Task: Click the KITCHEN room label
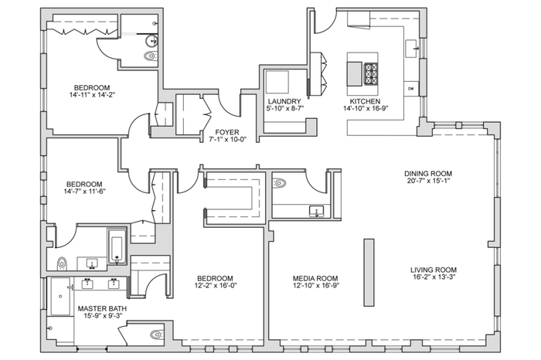tap(365, 101)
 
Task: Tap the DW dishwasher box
tap(411, 89)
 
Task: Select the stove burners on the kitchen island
tap(371, 73)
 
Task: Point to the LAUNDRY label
tap(284, 101)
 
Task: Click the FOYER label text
tap(227, 132)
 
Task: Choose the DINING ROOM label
tap(428, 174)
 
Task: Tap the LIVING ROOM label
tap(434, 270)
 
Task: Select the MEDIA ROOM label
tap(315, 278)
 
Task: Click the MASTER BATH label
tap(102, 308)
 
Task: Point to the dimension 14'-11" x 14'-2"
tap(92, 95)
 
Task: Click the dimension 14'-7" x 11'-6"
tap(84, 192)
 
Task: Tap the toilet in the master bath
tap(156, 335)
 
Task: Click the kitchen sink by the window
tap(412, 49)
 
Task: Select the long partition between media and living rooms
tap(369, 273)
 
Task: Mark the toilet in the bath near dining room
tap(279, 183)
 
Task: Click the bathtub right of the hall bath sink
tap(117, 246)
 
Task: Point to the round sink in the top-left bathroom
tap(151, 41)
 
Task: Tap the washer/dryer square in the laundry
tap(277, 83)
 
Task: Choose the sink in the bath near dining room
tap(316, 211)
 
